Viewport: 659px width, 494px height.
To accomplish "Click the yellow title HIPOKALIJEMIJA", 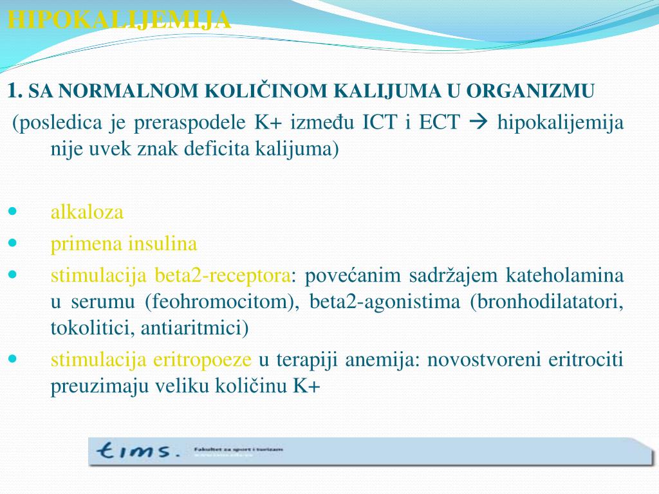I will (119, 21).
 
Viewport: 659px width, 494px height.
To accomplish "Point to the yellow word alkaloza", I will (87, 212).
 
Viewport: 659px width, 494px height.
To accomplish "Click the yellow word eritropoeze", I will (201, 360).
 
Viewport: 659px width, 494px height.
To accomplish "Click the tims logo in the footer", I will (136, 451).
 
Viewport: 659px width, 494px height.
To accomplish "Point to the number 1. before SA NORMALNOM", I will (15, 91).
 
